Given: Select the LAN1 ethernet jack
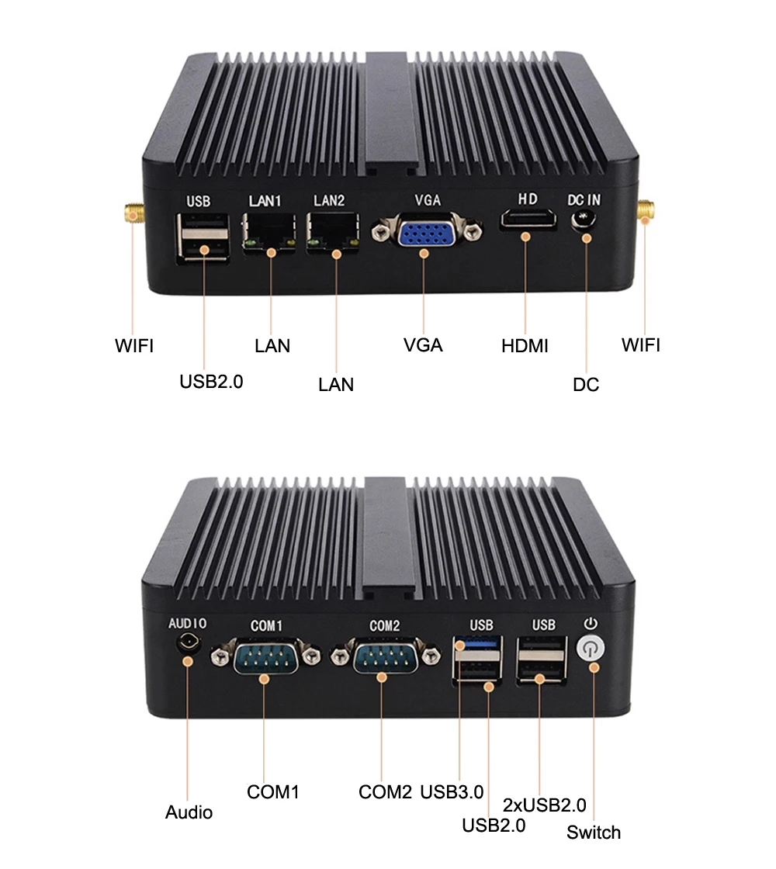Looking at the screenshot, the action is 270,230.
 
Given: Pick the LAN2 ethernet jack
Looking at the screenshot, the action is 334,230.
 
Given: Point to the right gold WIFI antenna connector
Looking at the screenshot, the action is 645,210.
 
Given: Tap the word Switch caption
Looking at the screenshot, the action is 594,833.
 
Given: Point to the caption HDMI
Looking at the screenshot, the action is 525,346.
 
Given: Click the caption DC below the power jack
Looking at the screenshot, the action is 586,384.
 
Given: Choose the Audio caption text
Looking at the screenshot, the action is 189,812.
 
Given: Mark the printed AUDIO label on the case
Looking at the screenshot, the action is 188,623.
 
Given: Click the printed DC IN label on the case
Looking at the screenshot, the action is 584,199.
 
